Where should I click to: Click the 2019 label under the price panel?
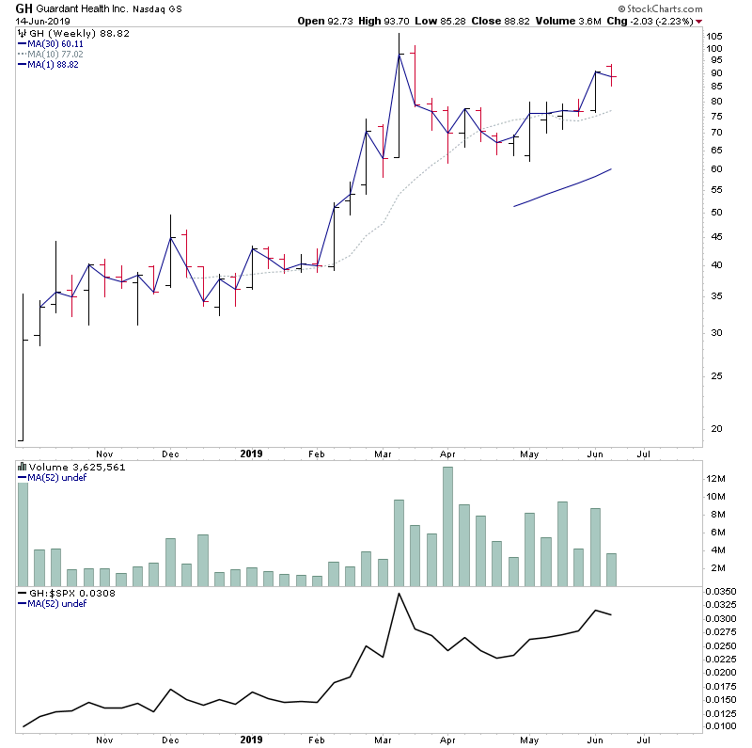coord(252,453)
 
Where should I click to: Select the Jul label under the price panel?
coord(645,453)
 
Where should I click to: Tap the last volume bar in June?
coord(613,570)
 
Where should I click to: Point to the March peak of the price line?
coord(399,54)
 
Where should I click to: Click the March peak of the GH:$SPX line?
coord(399,594)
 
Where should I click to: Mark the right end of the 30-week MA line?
coord(612,169)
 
